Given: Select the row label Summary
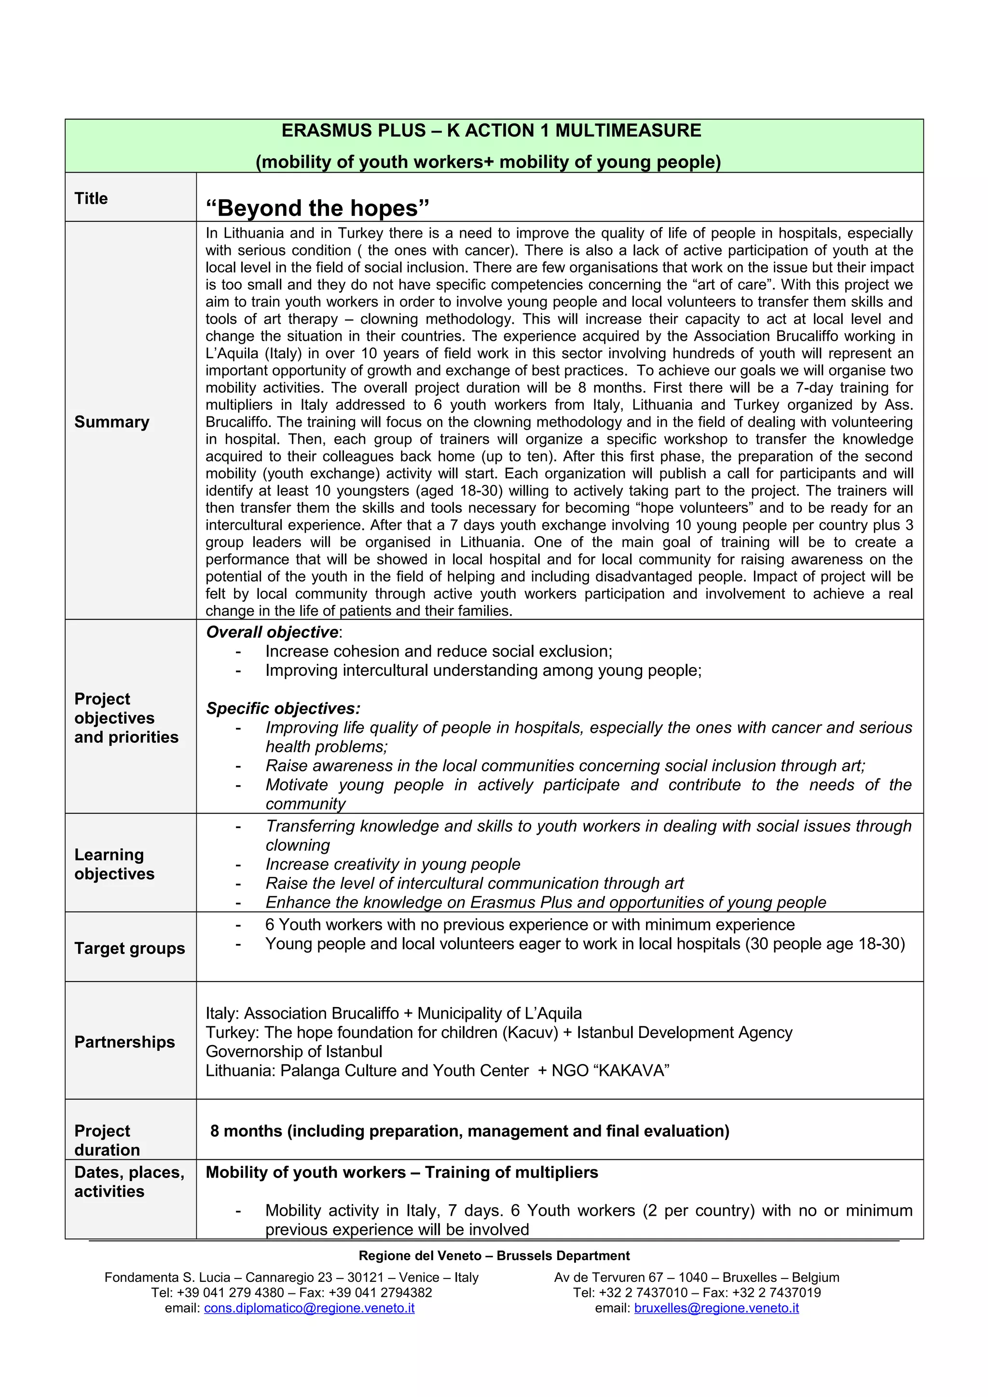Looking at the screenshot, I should pyautogui.click(x=111, y=422).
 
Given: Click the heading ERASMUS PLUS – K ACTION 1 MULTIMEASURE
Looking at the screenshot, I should pyautogui.click(x=491, y=131).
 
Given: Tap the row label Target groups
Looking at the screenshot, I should pyautogui.click(x=129, y=948).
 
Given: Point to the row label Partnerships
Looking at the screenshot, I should pyautogui.click(x=124, y=1042).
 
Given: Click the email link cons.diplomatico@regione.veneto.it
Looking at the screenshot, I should pyautogui.click(x=309, y=1307).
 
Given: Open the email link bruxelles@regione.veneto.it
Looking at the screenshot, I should pyautogui.click(x=716, y=1307).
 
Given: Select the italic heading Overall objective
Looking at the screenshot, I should pyautogui.click(x=272, y=632).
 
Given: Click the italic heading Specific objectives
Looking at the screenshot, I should pyautogui.click(x=283, y=708).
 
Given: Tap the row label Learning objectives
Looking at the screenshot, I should pyautogui.click(x=114, y=864).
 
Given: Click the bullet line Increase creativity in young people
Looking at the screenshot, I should pyautogui.click(x=393, y=864).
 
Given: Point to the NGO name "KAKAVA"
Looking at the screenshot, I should pyautogui.click(x=631, y=1070).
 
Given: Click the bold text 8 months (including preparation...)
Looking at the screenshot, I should pyautogui.click(x=469, y=1130).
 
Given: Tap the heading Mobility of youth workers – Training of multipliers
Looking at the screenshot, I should pyautogui.click(x=401, y=1172).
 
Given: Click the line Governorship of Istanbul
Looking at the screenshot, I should pyautogui.click(x=293, y=1051).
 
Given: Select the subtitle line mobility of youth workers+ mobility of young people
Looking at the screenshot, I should pyautogui.click(x=488, y=162).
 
